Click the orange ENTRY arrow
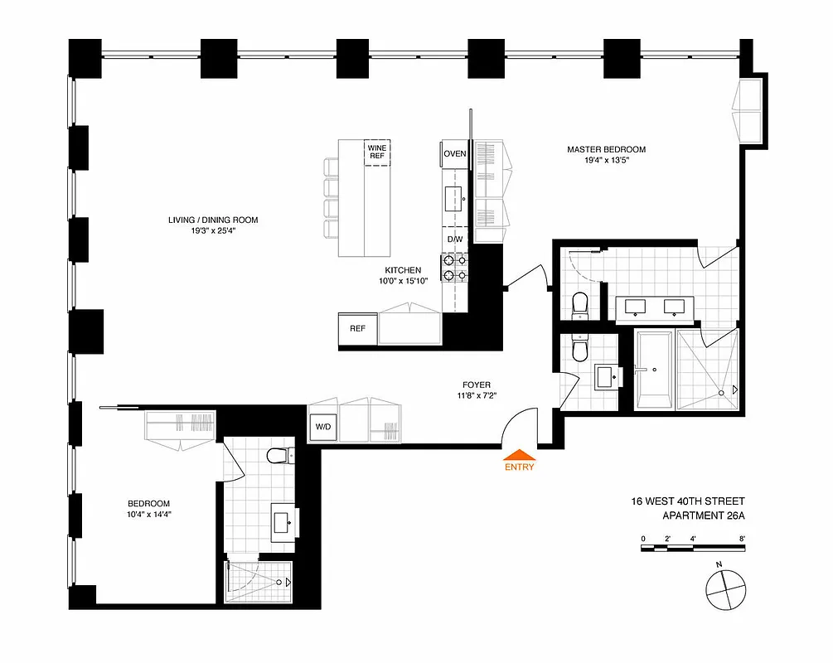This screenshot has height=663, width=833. click(520, 453)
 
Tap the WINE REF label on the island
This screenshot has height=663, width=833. click(377, 152)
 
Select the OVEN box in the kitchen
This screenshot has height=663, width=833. click(454, 153)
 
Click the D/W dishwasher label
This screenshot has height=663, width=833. click(454, 240)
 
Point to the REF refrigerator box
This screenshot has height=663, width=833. click(357, 328)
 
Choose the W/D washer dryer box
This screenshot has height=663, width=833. click(322, 428)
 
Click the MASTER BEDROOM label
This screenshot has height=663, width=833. click(606, 150)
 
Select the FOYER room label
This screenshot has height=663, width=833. click(477, 385)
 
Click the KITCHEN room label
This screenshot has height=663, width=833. click(403, 270)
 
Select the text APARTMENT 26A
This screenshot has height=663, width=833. click(704, 515)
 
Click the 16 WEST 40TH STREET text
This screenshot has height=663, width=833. click(688, 501)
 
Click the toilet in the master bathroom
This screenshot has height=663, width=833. click(580, 304)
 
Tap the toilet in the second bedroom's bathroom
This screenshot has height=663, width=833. click(278, 455)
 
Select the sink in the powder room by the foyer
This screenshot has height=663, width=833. click(605, 375)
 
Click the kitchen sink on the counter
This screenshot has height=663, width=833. click(454, 199)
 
